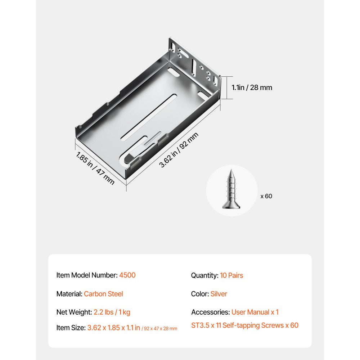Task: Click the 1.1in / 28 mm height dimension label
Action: (x=252, y=87)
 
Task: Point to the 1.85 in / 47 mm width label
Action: (x=95, y=168)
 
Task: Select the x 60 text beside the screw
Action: (x=266, y=196)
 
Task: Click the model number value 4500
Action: (x=127, y=275)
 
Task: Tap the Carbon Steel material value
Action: (x=103, y=294)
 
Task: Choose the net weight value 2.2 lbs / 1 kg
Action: (x=112, y=312)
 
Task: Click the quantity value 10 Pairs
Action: (x=231, y=275)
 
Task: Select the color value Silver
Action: (x=219, y=294)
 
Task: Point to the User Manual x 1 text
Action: (x=255, y=312)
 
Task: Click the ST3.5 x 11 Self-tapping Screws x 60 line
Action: (x=245, y=325)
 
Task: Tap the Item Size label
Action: (x=71, y=328)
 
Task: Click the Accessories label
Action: (x=210, y=312)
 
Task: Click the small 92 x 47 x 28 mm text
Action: (x=159, y=329)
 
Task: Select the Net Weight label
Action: (x=74, y=312)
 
